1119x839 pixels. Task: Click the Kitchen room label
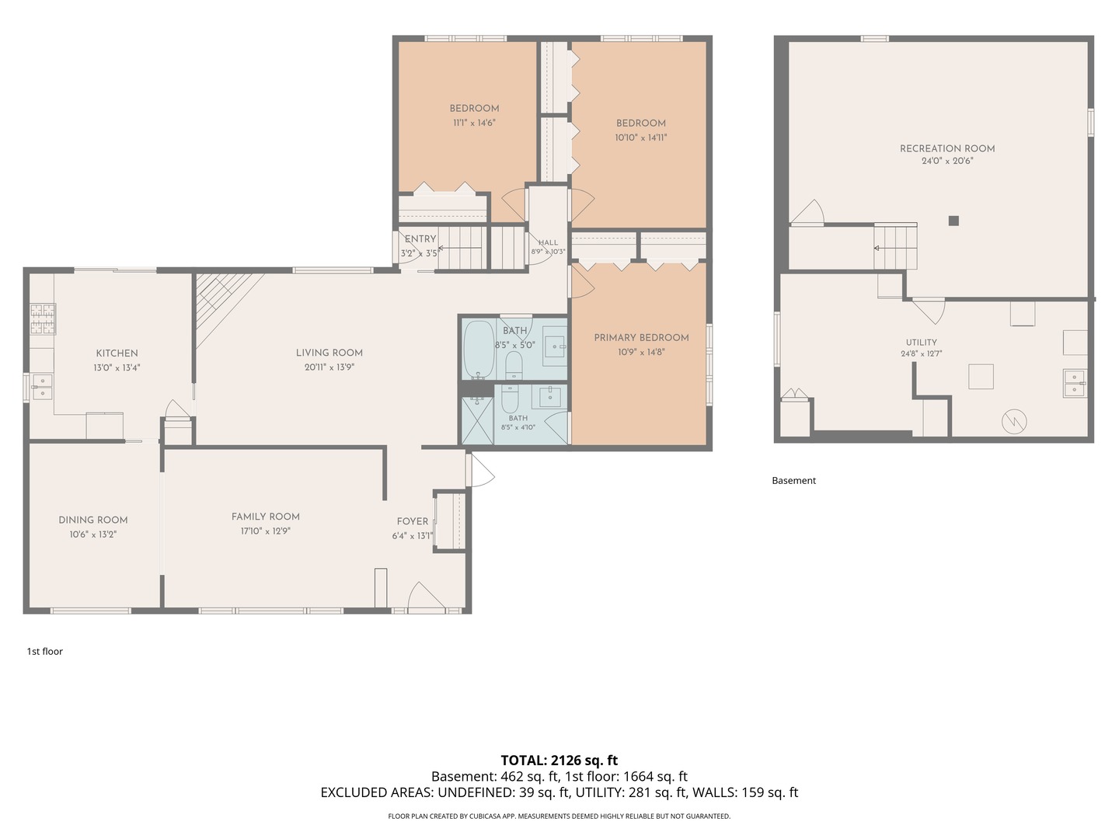[117, 353]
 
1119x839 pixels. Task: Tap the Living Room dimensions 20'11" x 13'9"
[329, 367]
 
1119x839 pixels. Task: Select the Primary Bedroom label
[641, 338]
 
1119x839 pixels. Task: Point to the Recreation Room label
[947, 148]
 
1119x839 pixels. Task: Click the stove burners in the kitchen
[44, 319]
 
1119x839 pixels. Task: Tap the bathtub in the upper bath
[478, 350]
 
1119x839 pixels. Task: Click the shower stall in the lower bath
[477, 421]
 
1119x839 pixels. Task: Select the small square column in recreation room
[953, 221]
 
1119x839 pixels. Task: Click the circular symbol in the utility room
[1014, 421]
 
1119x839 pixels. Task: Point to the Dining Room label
[92, 520]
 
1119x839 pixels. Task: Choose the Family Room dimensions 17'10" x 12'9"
[266, 531]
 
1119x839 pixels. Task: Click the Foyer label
[413, 521]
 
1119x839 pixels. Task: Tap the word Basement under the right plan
[793, 480]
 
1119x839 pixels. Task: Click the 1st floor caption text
[45, 651]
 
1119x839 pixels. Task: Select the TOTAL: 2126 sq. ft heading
[559, 760]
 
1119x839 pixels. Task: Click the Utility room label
[921, 343]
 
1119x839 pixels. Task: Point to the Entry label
[420, 239]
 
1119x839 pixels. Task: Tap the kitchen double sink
[42, 387]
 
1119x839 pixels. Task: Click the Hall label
[548, 242]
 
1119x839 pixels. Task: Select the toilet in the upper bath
[514, 365]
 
